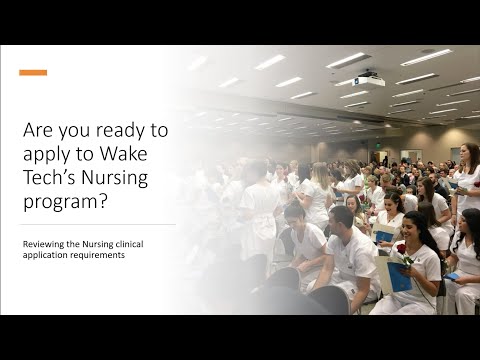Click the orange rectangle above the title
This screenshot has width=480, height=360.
click(x=33, y=72)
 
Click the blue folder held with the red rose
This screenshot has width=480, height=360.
click(x=400, y=276)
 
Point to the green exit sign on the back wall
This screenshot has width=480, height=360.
click(x=378, y=143)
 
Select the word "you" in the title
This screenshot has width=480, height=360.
click(x=72, y=131)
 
